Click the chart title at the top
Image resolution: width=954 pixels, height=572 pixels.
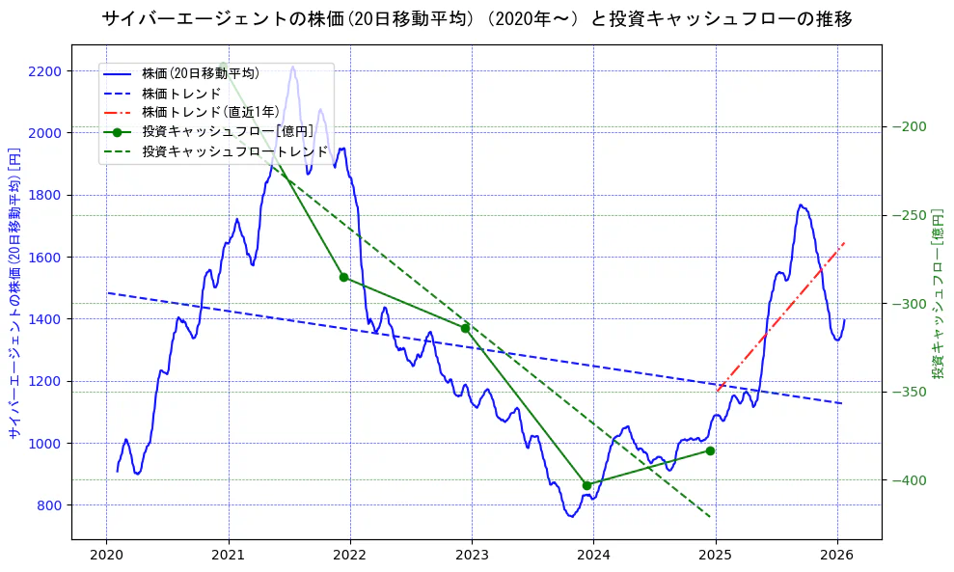(477, 18)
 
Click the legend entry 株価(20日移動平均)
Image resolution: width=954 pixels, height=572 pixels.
(200, 72)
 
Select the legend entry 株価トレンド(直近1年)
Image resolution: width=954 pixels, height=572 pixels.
(210, 112)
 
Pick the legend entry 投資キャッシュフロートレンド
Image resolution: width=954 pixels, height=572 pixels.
(234, 151)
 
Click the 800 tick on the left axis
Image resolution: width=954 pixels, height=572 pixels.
(49, 505)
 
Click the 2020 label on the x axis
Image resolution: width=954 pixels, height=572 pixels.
(106, 556)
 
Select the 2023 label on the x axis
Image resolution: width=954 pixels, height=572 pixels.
(472, 556)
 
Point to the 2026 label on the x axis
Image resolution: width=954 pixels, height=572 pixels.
(837, 556)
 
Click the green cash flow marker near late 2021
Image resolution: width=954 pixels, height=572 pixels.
(343, 277)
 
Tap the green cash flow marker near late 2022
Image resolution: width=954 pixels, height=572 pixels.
(465, 328)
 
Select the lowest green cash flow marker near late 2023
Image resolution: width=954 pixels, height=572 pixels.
(586, 485)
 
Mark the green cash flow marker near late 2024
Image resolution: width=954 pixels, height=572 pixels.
(710, 450)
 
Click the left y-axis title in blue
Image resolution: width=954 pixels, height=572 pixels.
(14, 292)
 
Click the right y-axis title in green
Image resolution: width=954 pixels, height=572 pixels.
(937, 292)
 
